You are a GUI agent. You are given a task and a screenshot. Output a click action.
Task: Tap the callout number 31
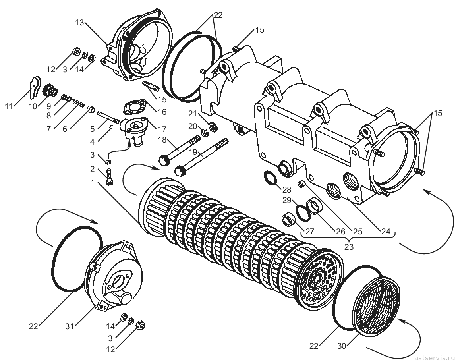70,326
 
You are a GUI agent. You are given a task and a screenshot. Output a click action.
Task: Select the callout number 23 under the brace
349,247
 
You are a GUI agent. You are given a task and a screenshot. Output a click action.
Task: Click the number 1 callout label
93,183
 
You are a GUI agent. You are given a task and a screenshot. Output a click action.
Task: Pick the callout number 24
386,231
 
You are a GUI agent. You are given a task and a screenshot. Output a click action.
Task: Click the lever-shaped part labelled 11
35,87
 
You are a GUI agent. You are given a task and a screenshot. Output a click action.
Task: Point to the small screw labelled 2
110,176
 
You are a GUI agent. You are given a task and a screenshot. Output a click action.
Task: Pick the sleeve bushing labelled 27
288,219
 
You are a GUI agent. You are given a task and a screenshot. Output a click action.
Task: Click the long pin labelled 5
108,117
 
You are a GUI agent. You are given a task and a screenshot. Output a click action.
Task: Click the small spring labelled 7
79,103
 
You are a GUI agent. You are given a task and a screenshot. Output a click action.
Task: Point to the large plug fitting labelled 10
49,89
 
